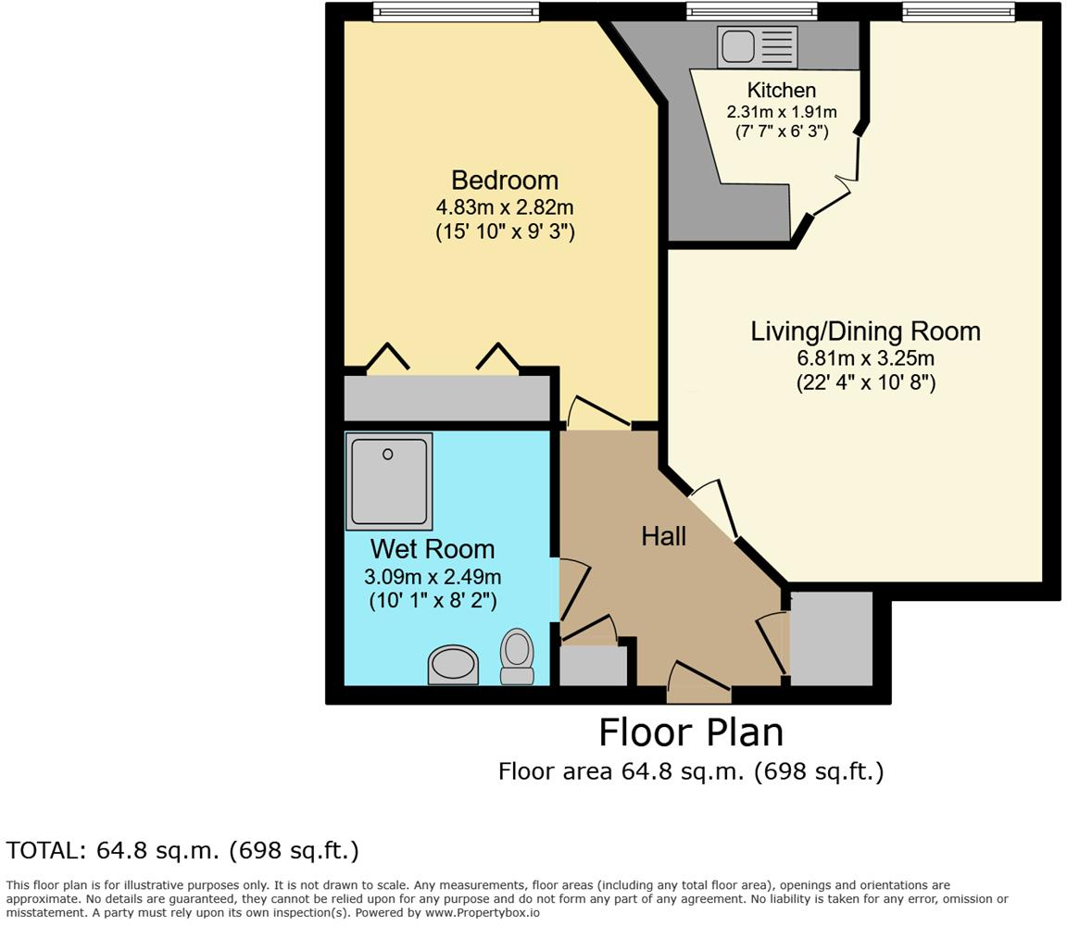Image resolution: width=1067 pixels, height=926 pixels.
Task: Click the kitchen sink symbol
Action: [757, 46]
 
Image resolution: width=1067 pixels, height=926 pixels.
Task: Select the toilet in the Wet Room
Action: [517, 657]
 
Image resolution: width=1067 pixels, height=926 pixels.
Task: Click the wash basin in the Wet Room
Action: [453, 665]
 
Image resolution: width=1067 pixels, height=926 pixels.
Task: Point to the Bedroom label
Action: [505, 180]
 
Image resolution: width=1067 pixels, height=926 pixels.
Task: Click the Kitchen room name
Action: [782, 90]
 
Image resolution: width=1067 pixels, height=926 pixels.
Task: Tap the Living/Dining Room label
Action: [865, 332]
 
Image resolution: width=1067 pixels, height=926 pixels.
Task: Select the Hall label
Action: [664, 535]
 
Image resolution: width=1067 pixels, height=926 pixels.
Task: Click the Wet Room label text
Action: [432, 549]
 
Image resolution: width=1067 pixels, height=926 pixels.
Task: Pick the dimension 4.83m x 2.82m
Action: [505, 206]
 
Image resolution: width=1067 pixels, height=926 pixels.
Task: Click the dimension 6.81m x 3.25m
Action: [865, 358]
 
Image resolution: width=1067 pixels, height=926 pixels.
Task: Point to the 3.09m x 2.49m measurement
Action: [432, 577]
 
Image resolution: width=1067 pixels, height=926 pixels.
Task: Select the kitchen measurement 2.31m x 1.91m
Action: [782, 112]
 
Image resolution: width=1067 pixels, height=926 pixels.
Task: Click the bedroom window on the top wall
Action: [456, 11]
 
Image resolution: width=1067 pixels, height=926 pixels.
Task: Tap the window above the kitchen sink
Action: [752, 11]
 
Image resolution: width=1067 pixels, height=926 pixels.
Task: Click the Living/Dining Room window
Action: [959, 11]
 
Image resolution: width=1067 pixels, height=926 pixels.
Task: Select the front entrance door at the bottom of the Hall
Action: [699, 693]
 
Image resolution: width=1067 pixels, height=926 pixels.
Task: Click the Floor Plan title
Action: [691, 732]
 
